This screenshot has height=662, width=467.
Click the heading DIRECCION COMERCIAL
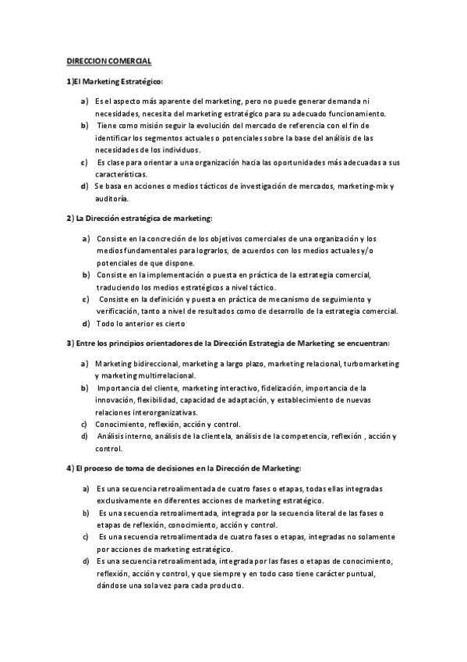pyautogui.click(x=108, y=60)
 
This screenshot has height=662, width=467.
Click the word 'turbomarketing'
pyautogui.click(x=369, y=364)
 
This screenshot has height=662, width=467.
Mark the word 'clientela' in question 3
pyautogui.click(x=228, y=436)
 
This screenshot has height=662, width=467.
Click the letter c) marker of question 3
pyautogui.click(x=83, y=425)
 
